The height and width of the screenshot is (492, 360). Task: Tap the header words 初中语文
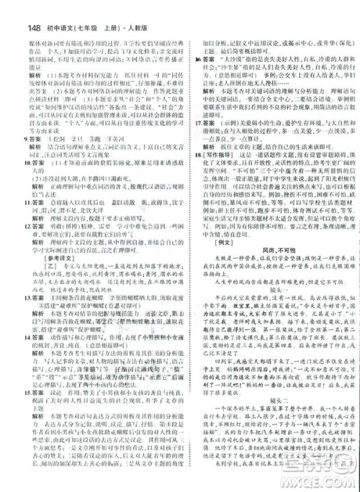44,10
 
